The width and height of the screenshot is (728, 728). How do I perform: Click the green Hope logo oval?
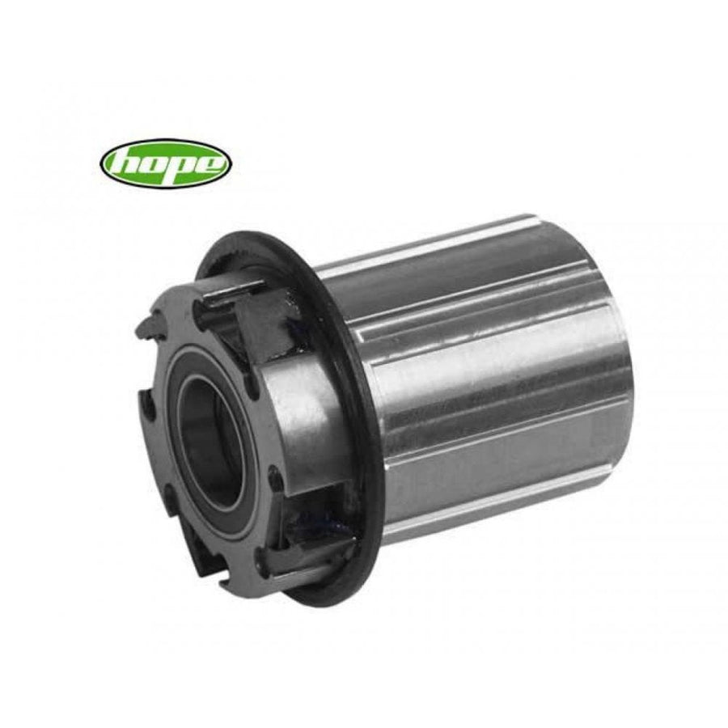point(166,163)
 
